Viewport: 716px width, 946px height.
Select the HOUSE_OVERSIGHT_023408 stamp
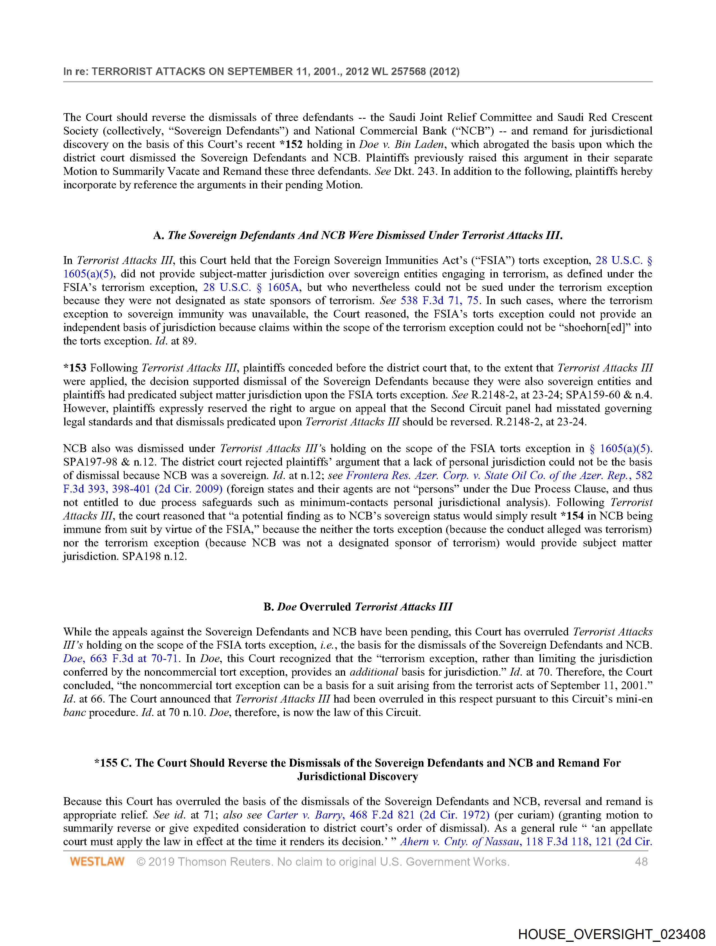point(611,933)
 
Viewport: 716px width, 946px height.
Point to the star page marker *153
point(75,368)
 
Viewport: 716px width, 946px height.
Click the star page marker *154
point(572,516)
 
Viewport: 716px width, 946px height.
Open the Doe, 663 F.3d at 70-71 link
point(122,659)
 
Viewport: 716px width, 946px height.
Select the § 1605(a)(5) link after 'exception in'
point(620,449)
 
